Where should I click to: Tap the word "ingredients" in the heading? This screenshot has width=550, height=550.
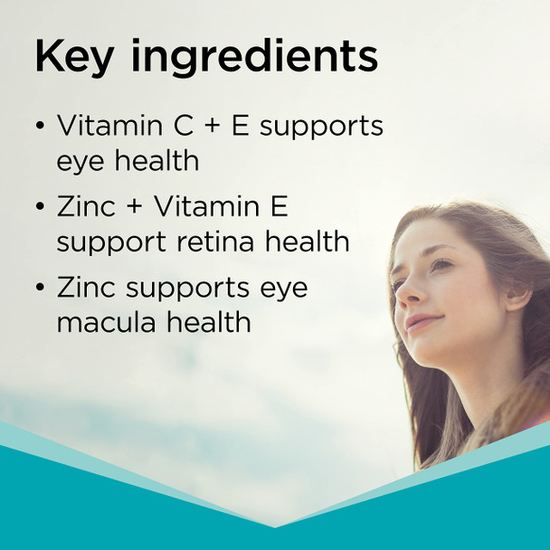point(256,58)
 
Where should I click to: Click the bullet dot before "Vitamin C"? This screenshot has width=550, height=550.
point(40,127)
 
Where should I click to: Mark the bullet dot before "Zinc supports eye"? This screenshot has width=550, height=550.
point(40,289)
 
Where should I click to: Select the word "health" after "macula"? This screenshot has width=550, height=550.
point(206,322)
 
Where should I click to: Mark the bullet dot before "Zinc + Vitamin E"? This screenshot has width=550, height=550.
point(40,207)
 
